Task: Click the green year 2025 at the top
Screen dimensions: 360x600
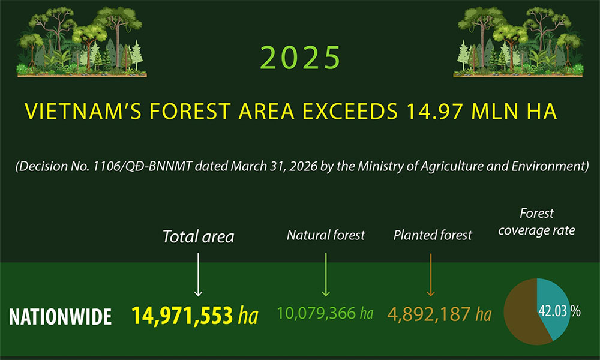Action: click(x=301, y=58)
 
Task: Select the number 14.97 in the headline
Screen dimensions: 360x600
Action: click(x=436, y=112)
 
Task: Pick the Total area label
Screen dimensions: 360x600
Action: click(x=199, y=236)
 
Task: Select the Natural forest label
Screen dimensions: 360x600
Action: click(x=325, y=235)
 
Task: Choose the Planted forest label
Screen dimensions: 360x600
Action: click(x=432, y=235)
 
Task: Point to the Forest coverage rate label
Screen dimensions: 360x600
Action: click(x=536, y=221)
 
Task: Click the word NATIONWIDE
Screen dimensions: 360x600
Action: click(x=60, y=316)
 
